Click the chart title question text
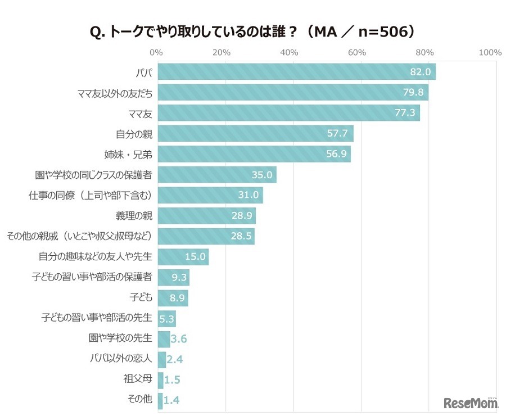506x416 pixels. tap(252, 31)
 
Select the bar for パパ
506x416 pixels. tap(296, 72)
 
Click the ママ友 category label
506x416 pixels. tap(141, 113)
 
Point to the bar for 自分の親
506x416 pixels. tap(255, 134)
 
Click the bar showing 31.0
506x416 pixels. tap(210, 195)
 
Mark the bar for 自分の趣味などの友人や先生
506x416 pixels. tap(183, 257)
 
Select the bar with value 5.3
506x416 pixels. tap(167, 319)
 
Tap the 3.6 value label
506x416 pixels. tap(179, 339)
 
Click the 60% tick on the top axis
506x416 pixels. tap(357, 52)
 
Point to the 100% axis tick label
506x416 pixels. tap(490, 52)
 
